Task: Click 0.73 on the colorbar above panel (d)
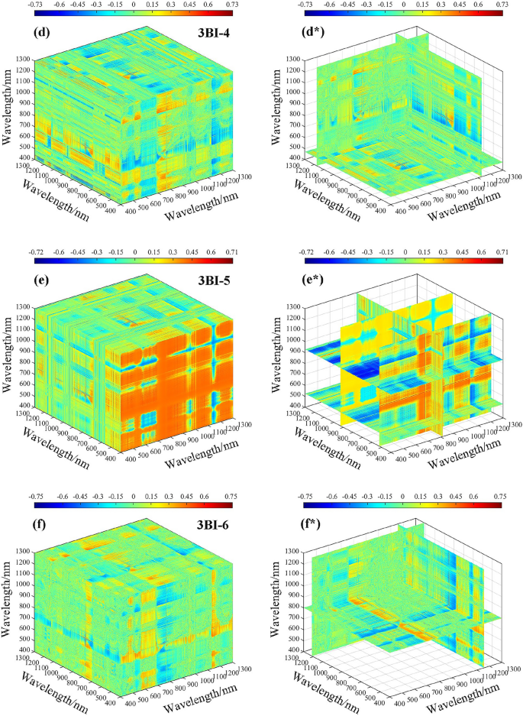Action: pyautogui.click(x=247, y=5)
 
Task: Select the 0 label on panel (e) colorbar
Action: pyautogui.click(x=135, y=251)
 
